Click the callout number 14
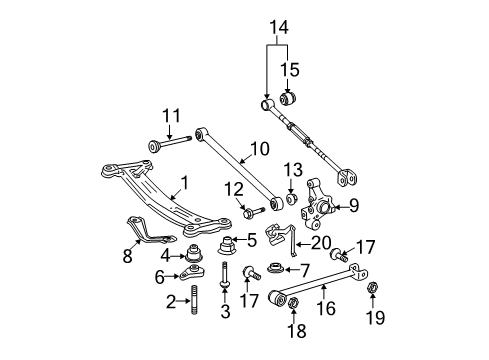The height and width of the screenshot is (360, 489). pyautogui.click(x=279, y=27)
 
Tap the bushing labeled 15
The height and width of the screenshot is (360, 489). pyautogui.click(x=288, y=97)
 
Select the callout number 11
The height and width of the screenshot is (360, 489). pyautogui.click(x=171, y=116)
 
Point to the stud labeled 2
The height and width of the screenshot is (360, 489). pyautogui.click(x=194, y=300)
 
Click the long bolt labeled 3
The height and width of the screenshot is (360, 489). pyautogui.click(x=225, y=275)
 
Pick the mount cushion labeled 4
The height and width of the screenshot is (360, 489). pyautogui.click(x=194, y=253)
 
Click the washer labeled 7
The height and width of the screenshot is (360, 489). pyautogui.click(x=276, y=268)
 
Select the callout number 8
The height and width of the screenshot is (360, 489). pyautogui.click(x=127, y=256)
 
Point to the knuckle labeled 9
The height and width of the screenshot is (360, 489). pyautogui.click(x=317, y=204)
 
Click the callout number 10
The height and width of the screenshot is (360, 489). pyautogui.click(x=260, y=149)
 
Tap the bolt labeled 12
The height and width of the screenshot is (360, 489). pyautogui.click(x=254, y=212)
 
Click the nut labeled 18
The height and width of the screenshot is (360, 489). pyautogui.click(x=293, y=303)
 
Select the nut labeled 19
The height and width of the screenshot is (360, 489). pyautogui.click(x=372, y=287)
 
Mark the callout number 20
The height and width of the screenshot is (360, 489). pyautogui.click(x=321, y=242)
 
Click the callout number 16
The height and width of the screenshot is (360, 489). pyautogui.click(x=326, y=308)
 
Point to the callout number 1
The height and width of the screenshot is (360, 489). pyautogui.click(x=184, y=183)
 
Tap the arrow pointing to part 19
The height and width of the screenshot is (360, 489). pyautogui.click(x=372, y=300)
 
